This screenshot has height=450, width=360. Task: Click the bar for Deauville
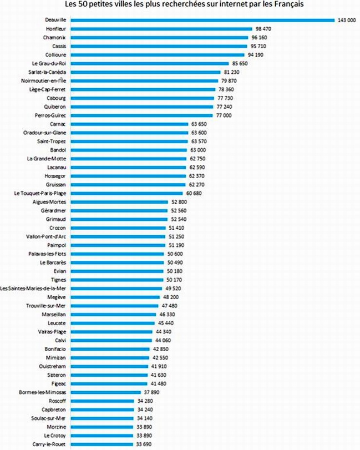(x=202, y=19)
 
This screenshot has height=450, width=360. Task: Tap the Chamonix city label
(x=55, y=37)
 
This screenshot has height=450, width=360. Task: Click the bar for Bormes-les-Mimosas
(x=105, y=392)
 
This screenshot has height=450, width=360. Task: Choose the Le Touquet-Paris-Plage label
(x=41, y=193)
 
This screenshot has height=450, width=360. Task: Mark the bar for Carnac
(x=129, y=124)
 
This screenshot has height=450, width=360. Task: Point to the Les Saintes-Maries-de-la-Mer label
(x=35, y=289)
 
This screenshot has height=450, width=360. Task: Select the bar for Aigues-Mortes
(x=119, y=202)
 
